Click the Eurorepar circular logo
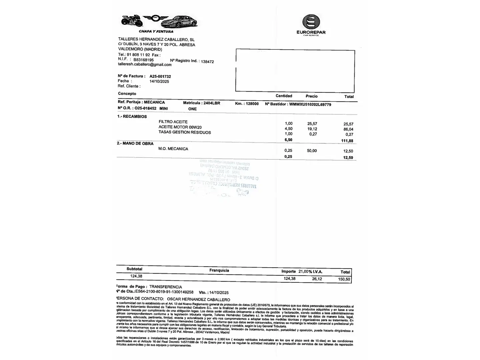tap(311, 22)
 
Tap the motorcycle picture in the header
tap(132, 21)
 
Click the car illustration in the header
tap(179, 22)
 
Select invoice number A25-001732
tap(160, 76)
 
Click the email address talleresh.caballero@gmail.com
tap(145, 64)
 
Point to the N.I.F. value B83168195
tap(144, 60)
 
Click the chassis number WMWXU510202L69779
tap(310, 104)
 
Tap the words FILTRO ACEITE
tap(173, 122)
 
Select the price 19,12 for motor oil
tap(312, 129)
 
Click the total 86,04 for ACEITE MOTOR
tap(348, 129)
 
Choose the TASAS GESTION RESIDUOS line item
tap(185, 132)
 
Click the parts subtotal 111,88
tap(347, 141)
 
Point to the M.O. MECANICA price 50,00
tap(312, 151)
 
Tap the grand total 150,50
tap(344, 279)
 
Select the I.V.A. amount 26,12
tap(317, 279)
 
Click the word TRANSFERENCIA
tap(166, 287)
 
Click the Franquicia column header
tap(219, 270)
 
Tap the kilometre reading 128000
tap(252, 104)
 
